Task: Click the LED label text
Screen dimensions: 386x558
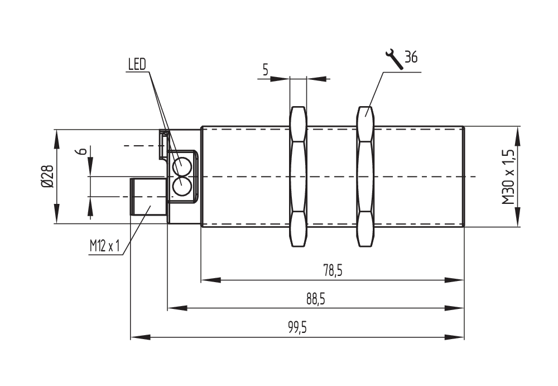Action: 136,64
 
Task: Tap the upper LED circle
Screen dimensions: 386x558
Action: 181,166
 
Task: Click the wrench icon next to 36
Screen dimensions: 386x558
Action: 394,59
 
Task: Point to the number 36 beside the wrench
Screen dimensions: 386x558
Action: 411,58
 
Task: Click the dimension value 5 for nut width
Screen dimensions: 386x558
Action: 265,70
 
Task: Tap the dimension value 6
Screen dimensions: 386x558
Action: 81,151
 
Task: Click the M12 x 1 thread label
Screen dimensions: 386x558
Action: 105,246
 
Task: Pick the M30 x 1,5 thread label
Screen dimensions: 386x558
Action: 508,177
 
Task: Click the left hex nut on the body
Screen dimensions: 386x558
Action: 298,177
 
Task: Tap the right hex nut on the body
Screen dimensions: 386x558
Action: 365,177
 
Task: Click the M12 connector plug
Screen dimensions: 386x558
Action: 148,197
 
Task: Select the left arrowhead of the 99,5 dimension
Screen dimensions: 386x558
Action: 137,337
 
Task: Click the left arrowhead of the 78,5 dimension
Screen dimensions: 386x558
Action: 208,279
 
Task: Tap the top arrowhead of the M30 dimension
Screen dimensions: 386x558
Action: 518,134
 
